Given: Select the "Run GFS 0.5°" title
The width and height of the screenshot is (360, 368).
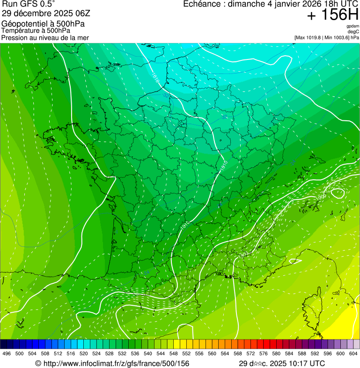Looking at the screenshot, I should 29,4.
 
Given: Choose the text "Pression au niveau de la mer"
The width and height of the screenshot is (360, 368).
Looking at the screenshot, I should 45,37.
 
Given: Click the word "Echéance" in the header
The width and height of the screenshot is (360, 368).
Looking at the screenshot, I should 202,4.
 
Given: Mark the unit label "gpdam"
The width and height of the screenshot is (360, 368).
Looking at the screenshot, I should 353,26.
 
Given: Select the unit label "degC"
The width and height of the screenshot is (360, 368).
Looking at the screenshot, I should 353,31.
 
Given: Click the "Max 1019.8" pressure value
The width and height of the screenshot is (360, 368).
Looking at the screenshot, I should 311,37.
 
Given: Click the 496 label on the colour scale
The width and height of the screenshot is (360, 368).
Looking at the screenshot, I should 7,354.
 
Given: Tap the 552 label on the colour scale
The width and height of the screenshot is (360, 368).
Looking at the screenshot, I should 186,354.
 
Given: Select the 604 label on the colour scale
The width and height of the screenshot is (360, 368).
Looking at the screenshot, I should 353,354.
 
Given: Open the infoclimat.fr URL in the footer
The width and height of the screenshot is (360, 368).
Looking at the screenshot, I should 112,363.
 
